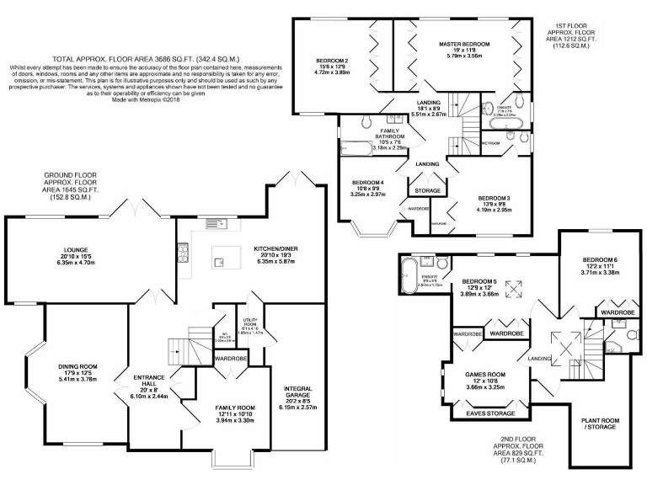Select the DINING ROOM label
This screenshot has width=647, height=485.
[78, 366]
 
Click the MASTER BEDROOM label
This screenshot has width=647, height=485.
[463, 42]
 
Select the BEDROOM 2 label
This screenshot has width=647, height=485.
[332, 61]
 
